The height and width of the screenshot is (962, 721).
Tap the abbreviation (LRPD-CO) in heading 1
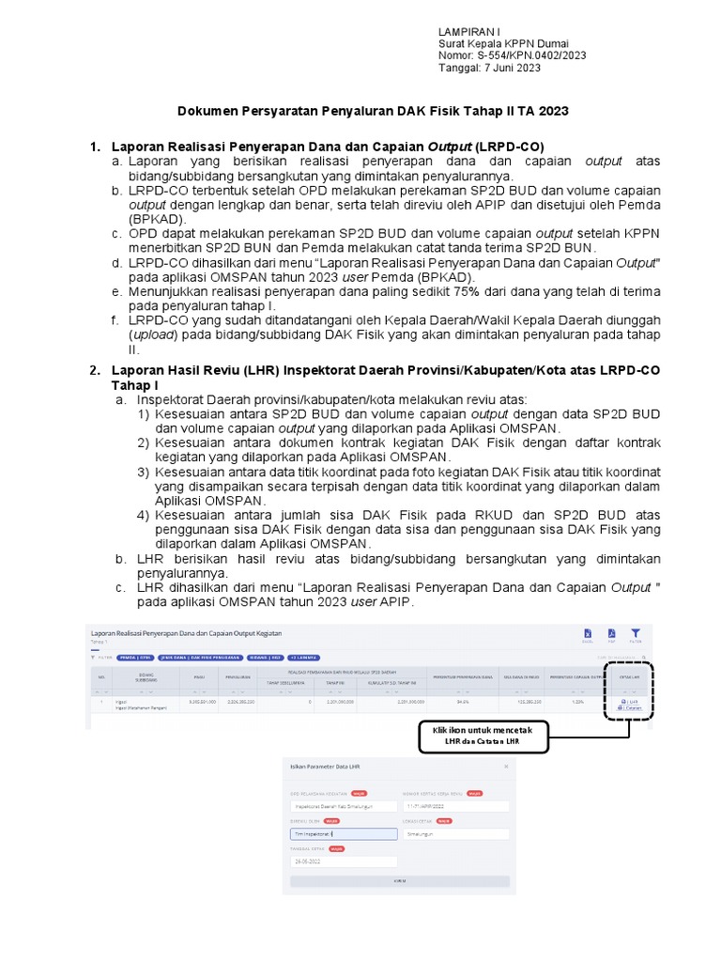click(x=510, y=147)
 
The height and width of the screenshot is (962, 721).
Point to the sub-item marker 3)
click(x=144, y=473)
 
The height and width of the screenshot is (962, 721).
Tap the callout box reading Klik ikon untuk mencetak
click(x=482, y=736)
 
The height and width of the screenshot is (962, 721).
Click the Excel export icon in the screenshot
click(x=588, y=635)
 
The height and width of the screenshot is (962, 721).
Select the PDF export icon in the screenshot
click(x=611, y=635)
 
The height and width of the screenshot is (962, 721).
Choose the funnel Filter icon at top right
click(x=636, y=635)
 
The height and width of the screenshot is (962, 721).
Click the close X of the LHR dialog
click(x=507, y=766)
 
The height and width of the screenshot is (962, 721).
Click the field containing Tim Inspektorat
click(x=343, y=833)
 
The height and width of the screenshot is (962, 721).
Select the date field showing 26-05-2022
click(x=343, y=861)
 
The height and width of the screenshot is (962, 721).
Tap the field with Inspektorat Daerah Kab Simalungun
click(x=343, y=806)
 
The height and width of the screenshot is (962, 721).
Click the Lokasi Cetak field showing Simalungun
click(x=455, y=833)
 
